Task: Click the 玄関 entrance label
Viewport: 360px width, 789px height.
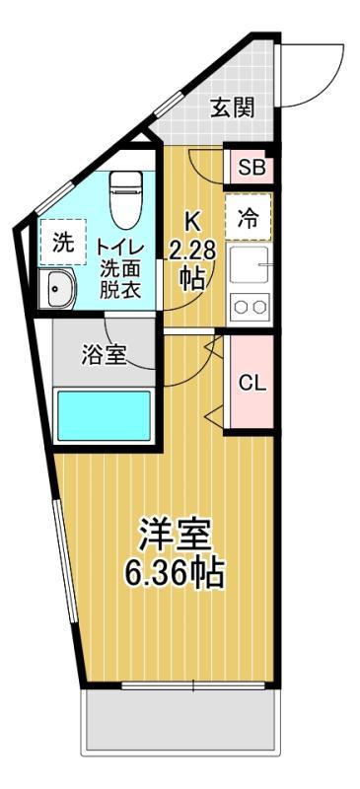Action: pos(233,108)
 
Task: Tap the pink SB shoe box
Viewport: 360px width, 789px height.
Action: pos(251,167)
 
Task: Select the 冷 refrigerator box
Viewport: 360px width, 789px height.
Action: pos(251,219)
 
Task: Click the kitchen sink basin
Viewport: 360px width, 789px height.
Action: pos(251,265)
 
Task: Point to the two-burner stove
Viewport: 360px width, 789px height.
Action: pos(251,307)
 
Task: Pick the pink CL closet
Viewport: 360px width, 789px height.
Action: pos(252,383)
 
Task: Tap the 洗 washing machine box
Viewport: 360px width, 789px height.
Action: pos(62,244)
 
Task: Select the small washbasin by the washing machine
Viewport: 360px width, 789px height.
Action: pos(59,289)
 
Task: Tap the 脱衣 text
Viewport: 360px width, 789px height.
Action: pos(120,291)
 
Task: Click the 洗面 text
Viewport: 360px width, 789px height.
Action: pos(120,268)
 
